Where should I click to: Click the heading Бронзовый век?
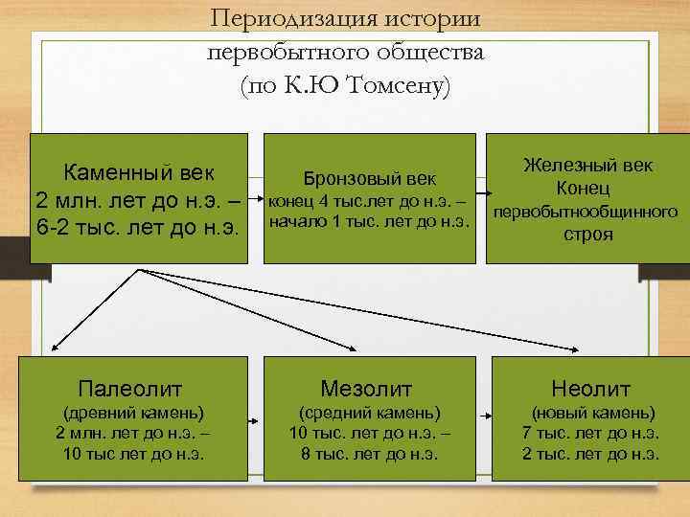click(x=369, y=178)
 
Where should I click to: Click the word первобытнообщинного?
click(x=586, y=211)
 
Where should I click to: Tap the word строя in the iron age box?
click(x=587, y=235)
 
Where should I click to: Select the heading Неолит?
click(x=590, y=389)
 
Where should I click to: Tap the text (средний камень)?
click(x=369, y=413)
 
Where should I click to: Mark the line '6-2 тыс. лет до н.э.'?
click(x=136, y=229)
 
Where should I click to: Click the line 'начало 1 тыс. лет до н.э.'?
click(x=369, y=222)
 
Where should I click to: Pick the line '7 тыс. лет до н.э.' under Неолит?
click(x=590, y=434)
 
